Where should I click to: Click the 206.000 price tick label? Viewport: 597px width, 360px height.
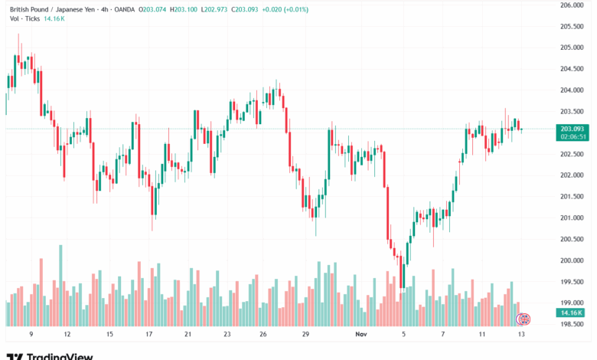573,5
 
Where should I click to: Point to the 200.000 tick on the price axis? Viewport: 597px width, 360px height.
573,260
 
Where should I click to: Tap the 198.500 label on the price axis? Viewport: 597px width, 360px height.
573,325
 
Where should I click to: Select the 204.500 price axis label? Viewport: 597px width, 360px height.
573,69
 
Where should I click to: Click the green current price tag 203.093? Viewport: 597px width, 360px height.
573,129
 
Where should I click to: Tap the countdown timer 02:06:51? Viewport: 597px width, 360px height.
573,136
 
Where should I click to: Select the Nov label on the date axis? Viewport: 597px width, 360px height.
362,335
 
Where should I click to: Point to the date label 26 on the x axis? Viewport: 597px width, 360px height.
263,335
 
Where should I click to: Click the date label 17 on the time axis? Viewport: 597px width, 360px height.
149,335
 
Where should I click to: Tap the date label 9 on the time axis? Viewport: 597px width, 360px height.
31,335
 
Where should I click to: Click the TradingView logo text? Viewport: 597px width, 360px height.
60,355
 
